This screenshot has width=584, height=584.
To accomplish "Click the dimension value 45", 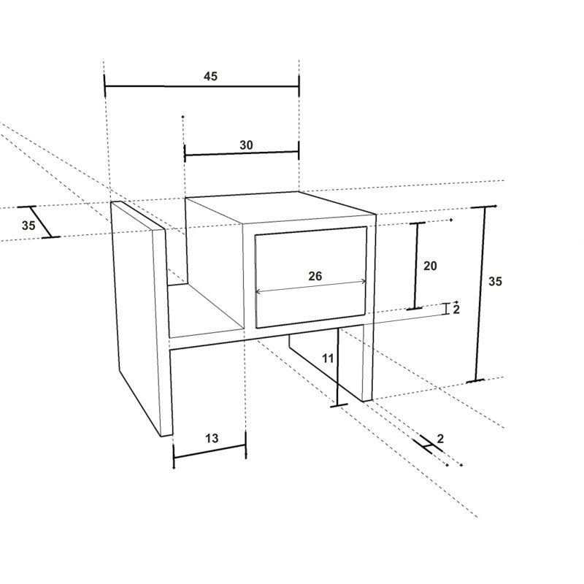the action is pos(210,77).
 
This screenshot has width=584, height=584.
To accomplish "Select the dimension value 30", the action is pos(246,145).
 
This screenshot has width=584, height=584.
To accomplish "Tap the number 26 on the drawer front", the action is pos(315,276).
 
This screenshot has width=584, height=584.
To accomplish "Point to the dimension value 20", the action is pos(430,266).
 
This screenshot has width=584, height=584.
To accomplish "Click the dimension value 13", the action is pos(212,439).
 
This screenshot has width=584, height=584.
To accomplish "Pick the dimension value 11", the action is pos(328,358).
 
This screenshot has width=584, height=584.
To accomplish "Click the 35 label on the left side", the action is pos(28,226).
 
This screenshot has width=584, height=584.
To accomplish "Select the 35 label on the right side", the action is pos(495,282).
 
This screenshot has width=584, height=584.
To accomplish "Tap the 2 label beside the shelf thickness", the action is pos(456,310).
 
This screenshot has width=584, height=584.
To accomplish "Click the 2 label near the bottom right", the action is pos(440,439).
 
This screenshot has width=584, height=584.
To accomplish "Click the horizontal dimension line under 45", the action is pos(201,86).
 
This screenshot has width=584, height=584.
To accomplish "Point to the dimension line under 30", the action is pos(242,153).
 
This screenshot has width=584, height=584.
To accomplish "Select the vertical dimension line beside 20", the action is pos(416,266).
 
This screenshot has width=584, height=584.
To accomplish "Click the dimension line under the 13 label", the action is pos(210,451).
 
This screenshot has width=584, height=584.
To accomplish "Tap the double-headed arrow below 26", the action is pos(311,287).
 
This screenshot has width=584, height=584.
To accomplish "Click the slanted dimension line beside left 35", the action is pos(41,222).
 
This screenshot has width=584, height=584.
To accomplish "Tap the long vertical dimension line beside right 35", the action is pos(480,293).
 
